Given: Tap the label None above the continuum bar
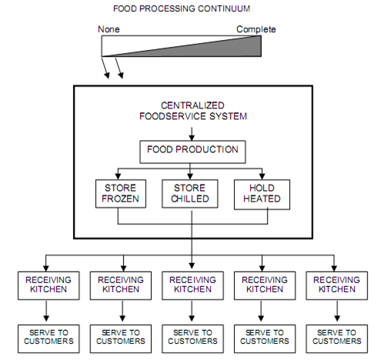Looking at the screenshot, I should click(109, 29).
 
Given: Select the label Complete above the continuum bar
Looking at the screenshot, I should click(256, 29).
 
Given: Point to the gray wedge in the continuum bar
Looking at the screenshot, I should click(223, 48).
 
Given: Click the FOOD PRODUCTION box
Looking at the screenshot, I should click(192, 150).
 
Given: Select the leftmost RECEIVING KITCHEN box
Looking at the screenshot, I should click(46, 284).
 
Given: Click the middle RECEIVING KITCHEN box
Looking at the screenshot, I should click(192, 284).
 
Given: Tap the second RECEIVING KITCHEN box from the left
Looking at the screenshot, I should click(119, 284).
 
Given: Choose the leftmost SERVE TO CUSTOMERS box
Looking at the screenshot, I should click(46, 335).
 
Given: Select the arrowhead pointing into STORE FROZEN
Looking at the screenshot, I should click(119, 176).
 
